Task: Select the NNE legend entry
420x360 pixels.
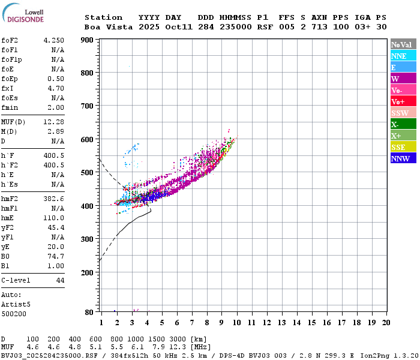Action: (403, 56)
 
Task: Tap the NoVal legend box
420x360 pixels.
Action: (403, 44)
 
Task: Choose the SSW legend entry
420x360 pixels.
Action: (403, 113)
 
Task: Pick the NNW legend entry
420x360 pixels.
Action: (403, 158)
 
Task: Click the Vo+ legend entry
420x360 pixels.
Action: (403, 101)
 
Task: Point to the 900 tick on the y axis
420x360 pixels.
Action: (88, 40)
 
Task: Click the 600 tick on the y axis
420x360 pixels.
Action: (88, 140)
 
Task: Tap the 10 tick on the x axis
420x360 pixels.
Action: (237, 322)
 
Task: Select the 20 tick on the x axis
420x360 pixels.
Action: (386, 322)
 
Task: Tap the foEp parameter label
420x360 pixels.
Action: (10, 79)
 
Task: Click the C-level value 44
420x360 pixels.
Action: (60, 280)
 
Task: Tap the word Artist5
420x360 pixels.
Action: (16, 304)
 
